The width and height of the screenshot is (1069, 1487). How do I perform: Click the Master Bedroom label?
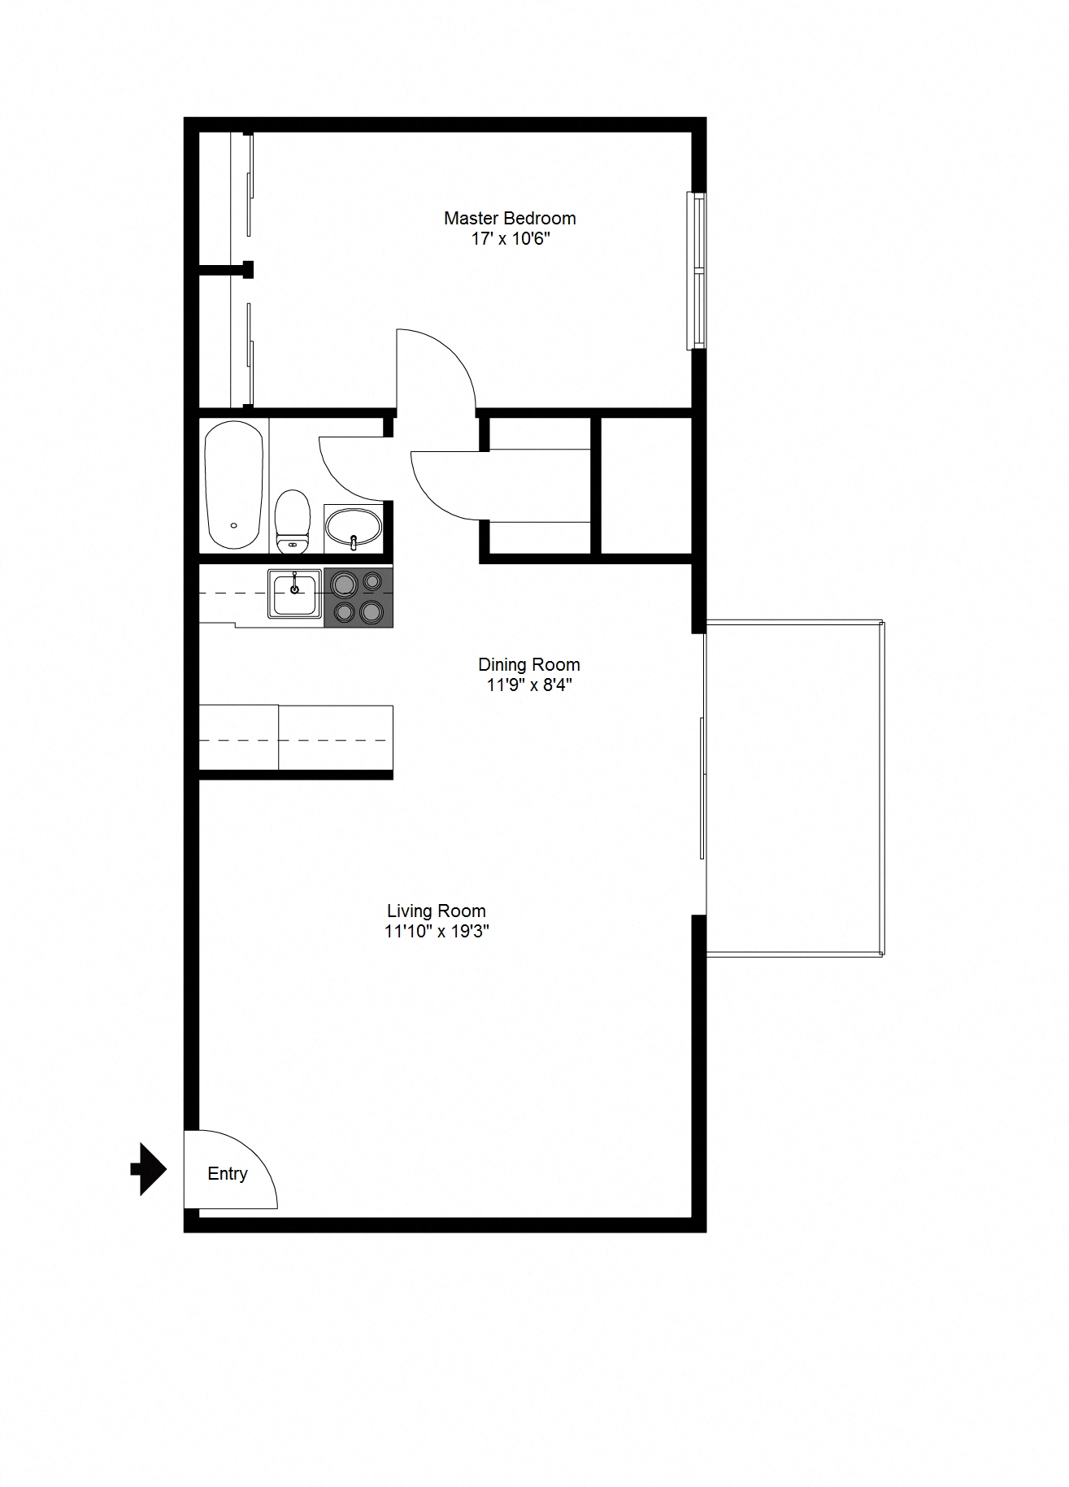510,218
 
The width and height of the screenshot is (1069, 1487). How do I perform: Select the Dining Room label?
529,664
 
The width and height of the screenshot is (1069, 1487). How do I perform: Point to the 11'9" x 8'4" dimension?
529,685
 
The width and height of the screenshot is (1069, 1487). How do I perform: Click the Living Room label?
437,911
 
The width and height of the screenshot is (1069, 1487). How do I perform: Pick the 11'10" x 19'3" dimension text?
437,932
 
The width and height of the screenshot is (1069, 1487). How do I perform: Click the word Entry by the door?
228,1174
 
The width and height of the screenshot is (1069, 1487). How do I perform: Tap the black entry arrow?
149,1169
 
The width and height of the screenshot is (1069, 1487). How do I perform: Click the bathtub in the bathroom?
234,485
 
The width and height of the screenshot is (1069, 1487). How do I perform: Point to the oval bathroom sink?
354,528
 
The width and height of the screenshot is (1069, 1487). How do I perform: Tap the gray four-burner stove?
359,598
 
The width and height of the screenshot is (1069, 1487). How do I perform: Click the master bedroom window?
697,271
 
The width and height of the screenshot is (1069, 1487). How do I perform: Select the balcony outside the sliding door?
794,788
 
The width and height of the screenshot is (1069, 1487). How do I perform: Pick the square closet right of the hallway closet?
645,485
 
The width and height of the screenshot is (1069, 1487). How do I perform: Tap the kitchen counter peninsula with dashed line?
296,738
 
